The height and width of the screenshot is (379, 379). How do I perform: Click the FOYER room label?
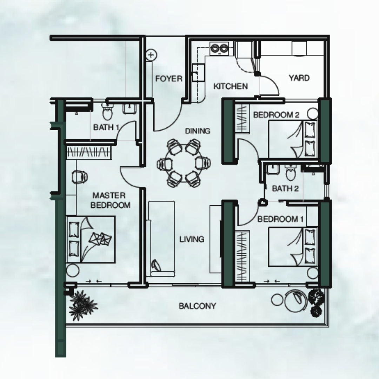pyautogui.click(x=169, y=79)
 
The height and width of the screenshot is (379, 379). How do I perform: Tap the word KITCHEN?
pyautogui.click(x=231, y=86)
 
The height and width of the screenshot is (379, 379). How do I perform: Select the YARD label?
pyautogui.click(x=299, y=78)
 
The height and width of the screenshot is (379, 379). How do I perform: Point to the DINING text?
pyautogui.click(x=198, y=131)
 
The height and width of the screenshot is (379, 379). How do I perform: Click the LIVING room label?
pyautogui.click(x=192, y=239)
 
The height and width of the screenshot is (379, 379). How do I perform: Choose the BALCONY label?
pyautogui.click(x=197, y=306)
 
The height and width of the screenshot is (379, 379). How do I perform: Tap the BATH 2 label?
pyautogui.click(x=285, y=188)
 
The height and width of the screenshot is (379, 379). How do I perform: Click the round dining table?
pyautogui.click(x=184, y=163)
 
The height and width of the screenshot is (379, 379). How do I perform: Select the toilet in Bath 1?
pyautogui.click(x=107, y=112)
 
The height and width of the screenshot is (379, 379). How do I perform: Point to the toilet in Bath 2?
pyautogui.click(x=290, y=173)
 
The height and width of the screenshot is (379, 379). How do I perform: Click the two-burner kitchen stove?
pyautogui.click(x=219, y=48)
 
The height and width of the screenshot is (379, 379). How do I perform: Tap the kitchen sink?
pyautogui.click(x=198, y=73)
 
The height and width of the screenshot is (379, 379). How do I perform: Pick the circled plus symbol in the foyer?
pyautogui.click(x=151, y=55)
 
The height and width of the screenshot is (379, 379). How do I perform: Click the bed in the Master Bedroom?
pyautogui.click(x=91, y=239)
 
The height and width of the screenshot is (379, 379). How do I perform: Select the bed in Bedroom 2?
pyautogui.click(x=293, y=139)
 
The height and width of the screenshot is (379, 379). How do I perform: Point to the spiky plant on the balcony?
pyautogui.click(x=82, y=305)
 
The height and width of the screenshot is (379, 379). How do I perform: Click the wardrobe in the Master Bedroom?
pyautogui.click(x=89, y=153)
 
